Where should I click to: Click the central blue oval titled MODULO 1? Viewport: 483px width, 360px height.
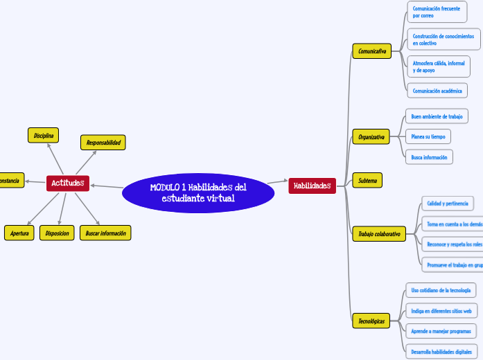(x=198, y=192)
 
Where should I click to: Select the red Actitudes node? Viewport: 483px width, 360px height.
(x=67, y=183)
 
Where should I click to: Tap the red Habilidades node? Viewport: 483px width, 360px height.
(x=312, y=186)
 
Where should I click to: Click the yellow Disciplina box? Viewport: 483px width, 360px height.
(x=44, y=136)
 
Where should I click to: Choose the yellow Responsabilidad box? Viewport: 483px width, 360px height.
(x=103, y=143)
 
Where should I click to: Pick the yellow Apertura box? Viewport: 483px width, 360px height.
(x=19, y=233)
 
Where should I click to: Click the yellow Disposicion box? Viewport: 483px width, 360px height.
(x=57, y=233)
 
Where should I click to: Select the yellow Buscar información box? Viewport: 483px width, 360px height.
(x=105, y=233)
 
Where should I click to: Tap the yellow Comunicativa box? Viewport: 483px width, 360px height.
(x=372, y=51)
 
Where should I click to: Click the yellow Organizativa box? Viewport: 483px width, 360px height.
(x=371, y=137)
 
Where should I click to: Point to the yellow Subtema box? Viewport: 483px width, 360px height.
(x=367, y=181)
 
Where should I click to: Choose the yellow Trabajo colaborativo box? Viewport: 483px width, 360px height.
(x=379, y=234)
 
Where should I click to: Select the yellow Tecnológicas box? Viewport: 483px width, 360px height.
(x=371, y=321)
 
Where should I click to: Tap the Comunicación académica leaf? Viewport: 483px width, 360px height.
(x=437, y=91)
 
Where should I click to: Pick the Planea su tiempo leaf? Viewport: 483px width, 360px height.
(x=428, y=136)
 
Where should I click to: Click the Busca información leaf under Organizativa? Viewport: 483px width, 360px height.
(x=429, y=157)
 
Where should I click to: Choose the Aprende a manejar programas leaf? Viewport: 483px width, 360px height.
(x=441, y=331)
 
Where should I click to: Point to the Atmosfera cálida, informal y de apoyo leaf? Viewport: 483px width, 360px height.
(x=438, y=66)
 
